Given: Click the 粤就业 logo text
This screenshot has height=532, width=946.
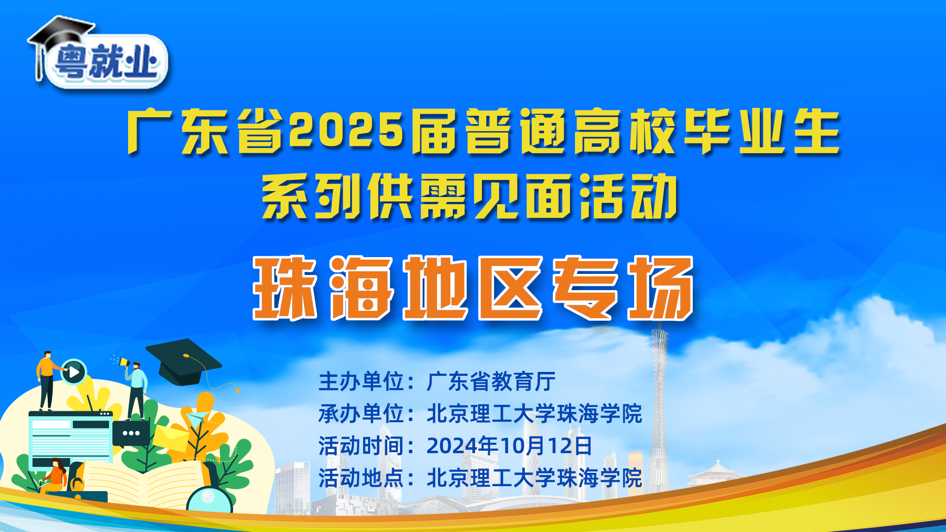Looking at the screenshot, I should [106, 62].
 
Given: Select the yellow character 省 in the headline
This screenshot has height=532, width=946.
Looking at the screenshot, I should [260, 131].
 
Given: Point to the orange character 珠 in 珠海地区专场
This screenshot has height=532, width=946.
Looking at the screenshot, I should [284, 288].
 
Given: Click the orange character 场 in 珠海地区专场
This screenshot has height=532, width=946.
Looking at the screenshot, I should [660, 288].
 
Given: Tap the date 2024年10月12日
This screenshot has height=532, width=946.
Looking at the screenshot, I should [509, 446].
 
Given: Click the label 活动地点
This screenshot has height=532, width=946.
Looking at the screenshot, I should [361, 478].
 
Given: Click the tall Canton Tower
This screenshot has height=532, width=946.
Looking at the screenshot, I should [659, 404].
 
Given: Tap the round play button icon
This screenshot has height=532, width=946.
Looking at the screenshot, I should [74, 372].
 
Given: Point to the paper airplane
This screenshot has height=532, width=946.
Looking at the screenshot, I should [196, 419].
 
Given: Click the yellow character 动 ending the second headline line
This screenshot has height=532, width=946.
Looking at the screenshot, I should [654, 197].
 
